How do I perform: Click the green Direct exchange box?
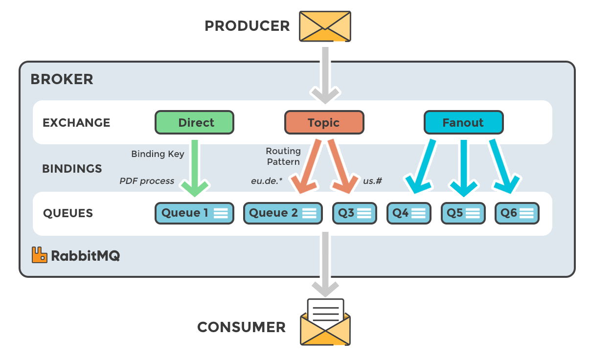pos(194,122)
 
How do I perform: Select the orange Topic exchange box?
pos(324,122)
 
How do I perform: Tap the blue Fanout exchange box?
pos(463,122)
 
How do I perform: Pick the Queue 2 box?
pos(283,213)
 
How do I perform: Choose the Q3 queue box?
pos(354,213)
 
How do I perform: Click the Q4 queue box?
pos(408,213)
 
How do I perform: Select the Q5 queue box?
pos(463,213)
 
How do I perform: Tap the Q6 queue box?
pos(517,213)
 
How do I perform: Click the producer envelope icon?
pos(325,26)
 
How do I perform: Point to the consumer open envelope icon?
pos(325,323)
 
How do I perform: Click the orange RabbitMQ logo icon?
pos(39,255)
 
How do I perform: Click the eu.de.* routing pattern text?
pos(267,181)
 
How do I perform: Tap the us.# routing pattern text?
pos(372,181)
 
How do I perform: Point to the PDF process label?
pos(147,181)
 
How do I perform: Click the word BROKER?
pos(62,79)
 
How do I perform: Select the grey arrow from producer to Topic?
pos(325,73)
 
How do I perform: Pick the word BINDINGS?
pos(72,169)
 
